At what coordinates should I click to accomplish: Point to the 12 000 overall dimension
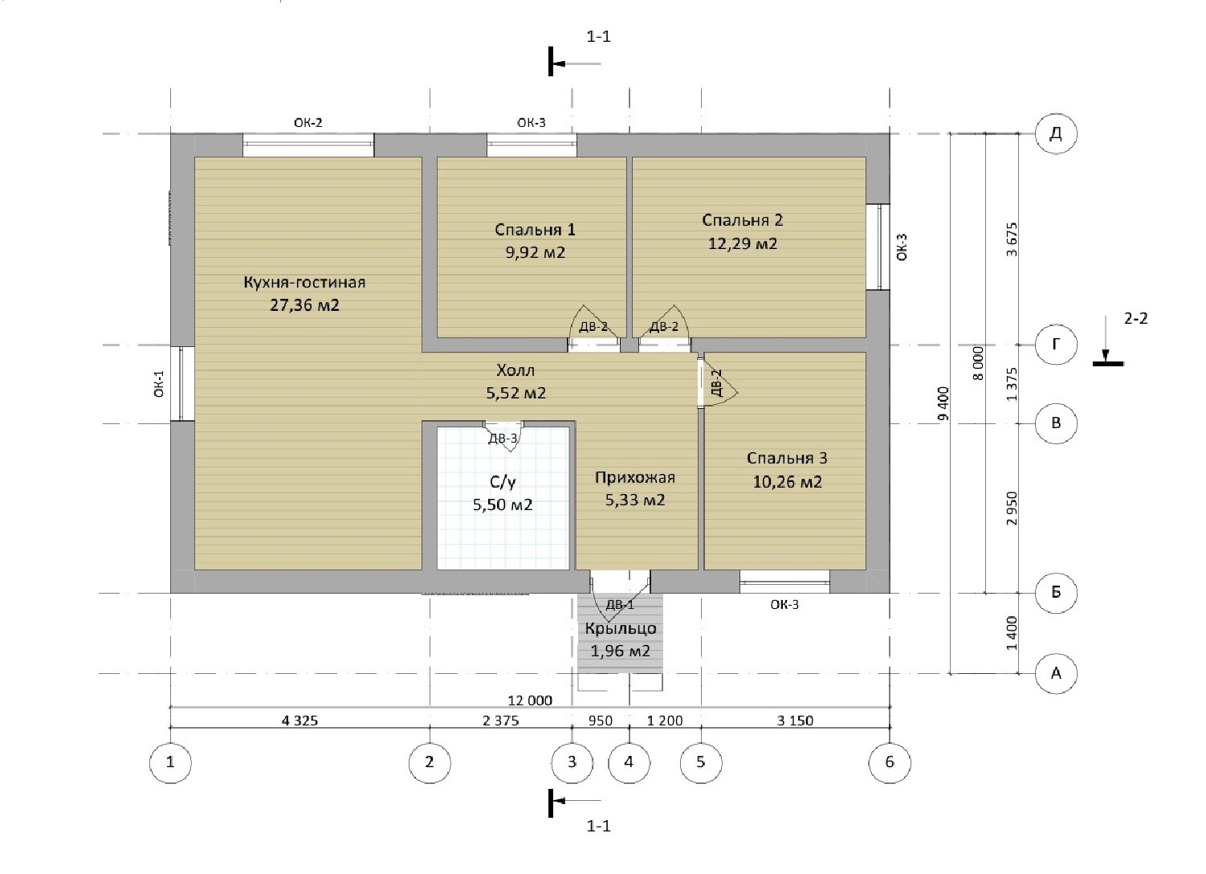click(530, 700)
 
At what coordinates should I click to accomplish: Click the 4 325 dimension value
click(299, 720)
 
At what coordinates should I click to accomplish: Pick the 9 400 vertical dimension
click(943, 403)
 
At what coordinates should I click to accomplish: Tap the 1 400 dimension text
click(1012, 633)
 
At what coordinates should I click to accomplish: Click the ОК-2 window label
click(308, 123)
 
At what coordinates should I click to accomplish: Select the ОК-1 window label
click(159, 383)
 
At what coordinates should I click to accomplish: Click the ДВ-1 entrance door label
click(620, 605)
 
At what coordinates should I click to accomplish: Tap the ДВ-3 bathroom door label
click(503, 439)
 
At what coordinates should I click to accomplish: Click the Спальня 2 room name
click(743, 220)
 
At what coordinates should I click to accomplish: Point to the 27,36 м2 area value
click(304, 304)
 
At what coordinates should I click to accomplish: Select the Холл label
click(515, 370)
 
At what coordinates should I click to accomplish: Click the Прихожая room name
click(635, 478)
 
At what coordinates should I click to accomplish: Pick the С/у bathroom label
click(503, 482)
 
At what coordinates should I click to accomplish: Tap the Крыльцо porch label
click(620, 628)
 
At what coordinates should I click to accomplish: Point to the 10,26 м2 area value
click(787, 481)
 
